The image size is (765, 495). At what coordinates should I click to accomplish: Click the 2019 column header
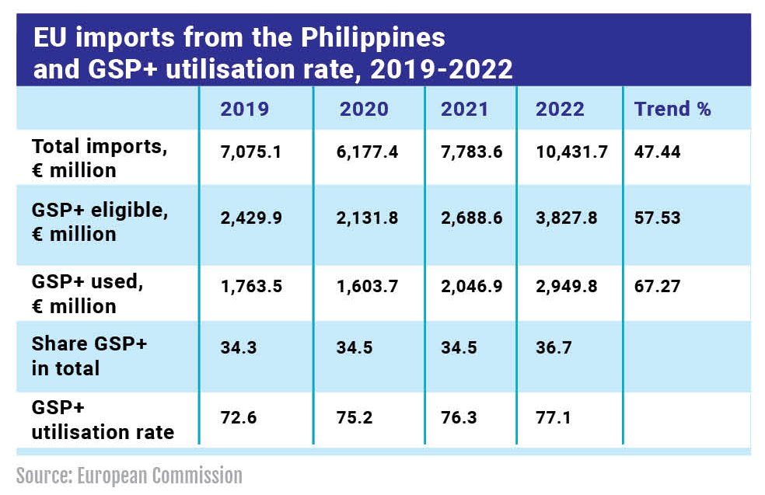click(245, 109)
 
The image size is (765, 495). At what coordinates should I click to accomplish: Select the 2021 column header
click(465, 109)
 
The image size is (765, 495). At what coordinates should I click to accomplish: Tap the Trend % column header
click(672, 109)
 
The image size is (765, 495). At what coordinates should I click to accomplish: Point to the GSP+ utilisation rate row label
click(103, 421)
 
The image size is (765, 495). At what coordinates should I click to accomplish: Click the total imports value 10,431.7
click(571, 152)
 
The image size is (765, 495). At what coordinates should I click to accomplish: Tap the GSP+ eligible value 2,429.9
click(251, 218)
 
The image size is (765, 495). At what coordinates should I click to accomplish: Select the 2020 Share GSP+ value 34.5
click(355, 347)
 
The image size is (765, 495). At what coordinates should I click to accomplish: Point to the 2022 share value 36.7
click(554, 347)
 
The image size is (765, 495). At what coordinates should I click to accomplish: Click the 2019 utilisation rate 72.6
click(239, 418)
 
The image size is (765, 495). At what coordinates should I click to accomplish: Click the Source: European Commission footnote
click(129, 476)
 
